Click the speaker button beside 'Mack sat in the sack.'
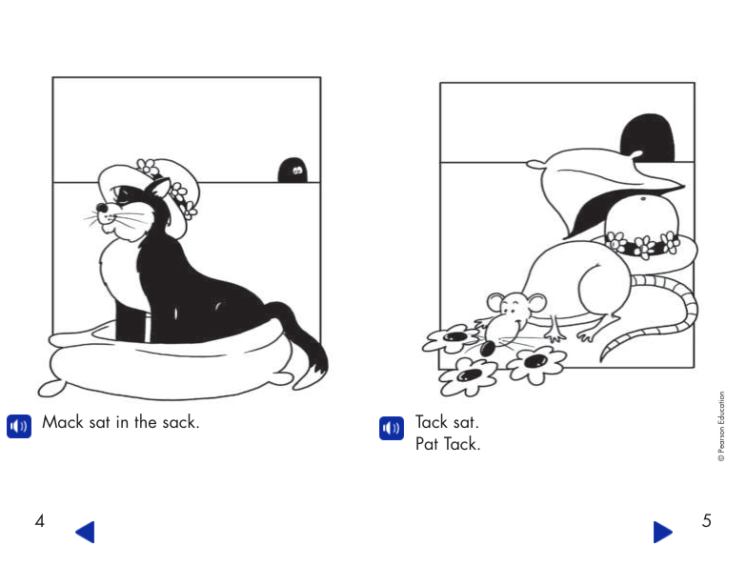click(19, 426)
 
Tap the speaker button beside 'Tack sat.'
click(391, 428)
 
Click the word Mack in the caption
click(63, 422)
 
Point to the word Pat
click(427, 444)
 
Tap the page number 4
click(39, 521)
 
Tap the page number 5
click(706, 521)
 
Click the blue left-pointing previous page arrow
click(85, 532)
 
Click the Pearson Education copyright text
click(721, 428)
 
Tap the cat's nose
click(99, 207)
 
